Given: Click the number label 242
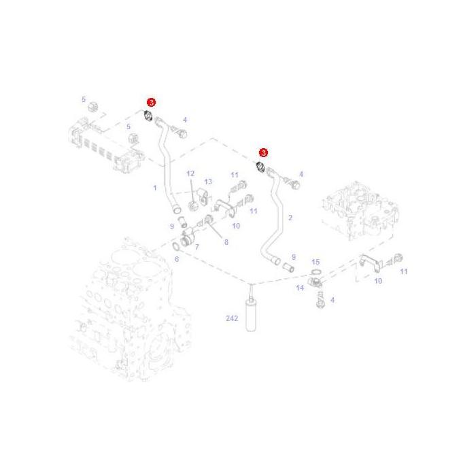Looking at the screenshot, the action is coord(232,318).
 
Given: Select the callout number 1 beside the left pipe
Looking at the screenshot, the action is coord(155,188).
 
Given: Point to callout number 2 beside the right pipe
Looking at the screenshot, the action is coord(290,218).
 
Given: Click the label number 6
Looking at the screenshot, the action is coord(177,259).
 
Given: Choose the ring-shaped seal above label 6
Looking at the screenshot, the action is coord(176,246).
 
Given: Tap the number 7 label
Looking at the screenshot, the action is coord(197,247).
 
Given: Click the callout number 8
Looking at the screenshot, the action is coord(226,242).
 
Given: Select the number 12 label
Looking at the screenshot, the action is coord(190,173).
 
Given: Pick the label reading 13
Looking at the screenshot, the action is coord(208,182).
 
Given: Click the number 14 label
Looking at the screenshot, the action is coord(300,288).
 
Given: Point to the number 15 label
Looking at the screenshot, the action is coord(316,262).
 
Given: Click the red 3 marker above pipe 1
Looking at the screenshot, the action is coord(151,102).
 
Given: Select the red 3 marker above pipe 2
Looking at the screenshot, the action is coord(263,153).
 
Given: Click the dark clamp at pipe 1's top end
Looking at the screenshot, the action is coord(148,116).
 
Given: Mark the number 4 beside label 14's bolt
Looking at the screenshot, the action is coord(333,300).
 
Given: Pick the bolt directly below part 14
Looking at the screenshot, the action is coord(320,300).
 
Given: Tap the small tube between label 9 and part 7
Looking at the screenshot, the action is coord(182,221).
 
